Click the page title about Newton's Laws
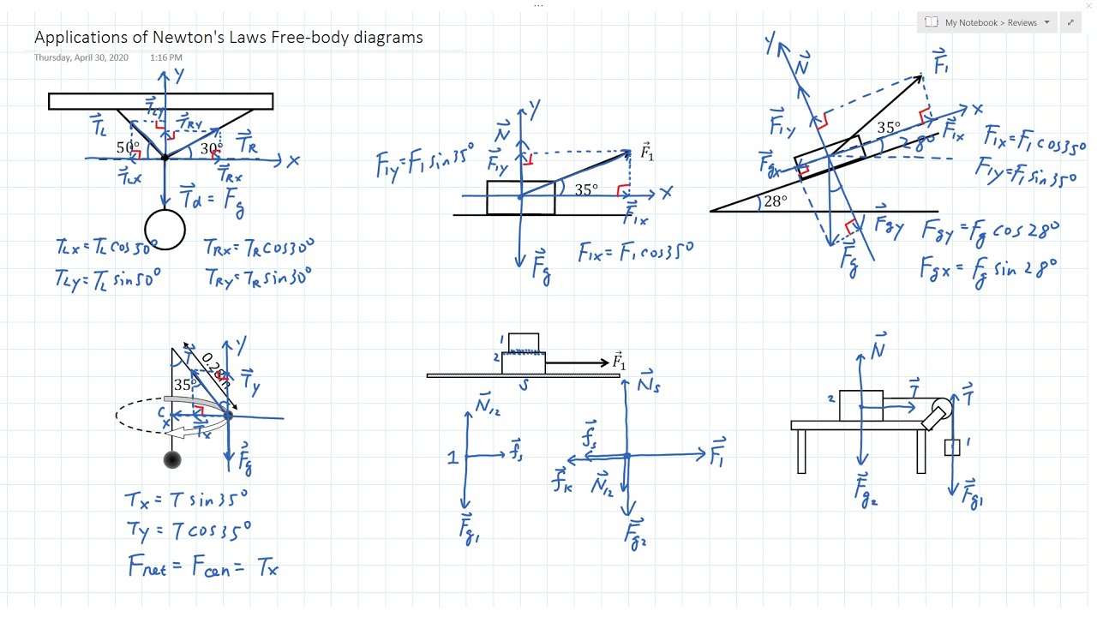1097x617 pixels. tap(228, 38)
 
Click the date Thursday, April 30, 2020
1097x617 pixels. tap(81, 57)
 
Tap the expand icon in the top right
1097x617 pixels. tap(1070, 22)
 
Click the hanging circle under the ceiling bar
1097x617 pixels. tap(165, 230)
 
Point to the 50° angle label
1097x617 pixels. tap(128, 147)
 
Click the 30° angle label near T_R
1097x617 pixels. tap(211, 148)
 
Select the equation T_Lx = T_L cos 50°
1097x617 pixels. tap(107, 247)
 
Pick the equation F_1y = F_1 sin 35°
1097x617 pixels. tap(424, 160)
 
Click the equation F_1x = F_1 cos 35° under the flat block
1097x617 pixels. tap(635, 251)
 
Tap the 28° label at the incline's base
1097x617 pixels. tap(774, 201)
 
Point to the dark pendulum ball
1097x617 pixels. tap(172, 459)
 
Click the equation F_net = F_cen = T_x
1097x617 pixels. tap(202, 566)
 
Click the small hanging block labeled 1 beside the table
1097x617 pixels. tap(952, 447)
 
